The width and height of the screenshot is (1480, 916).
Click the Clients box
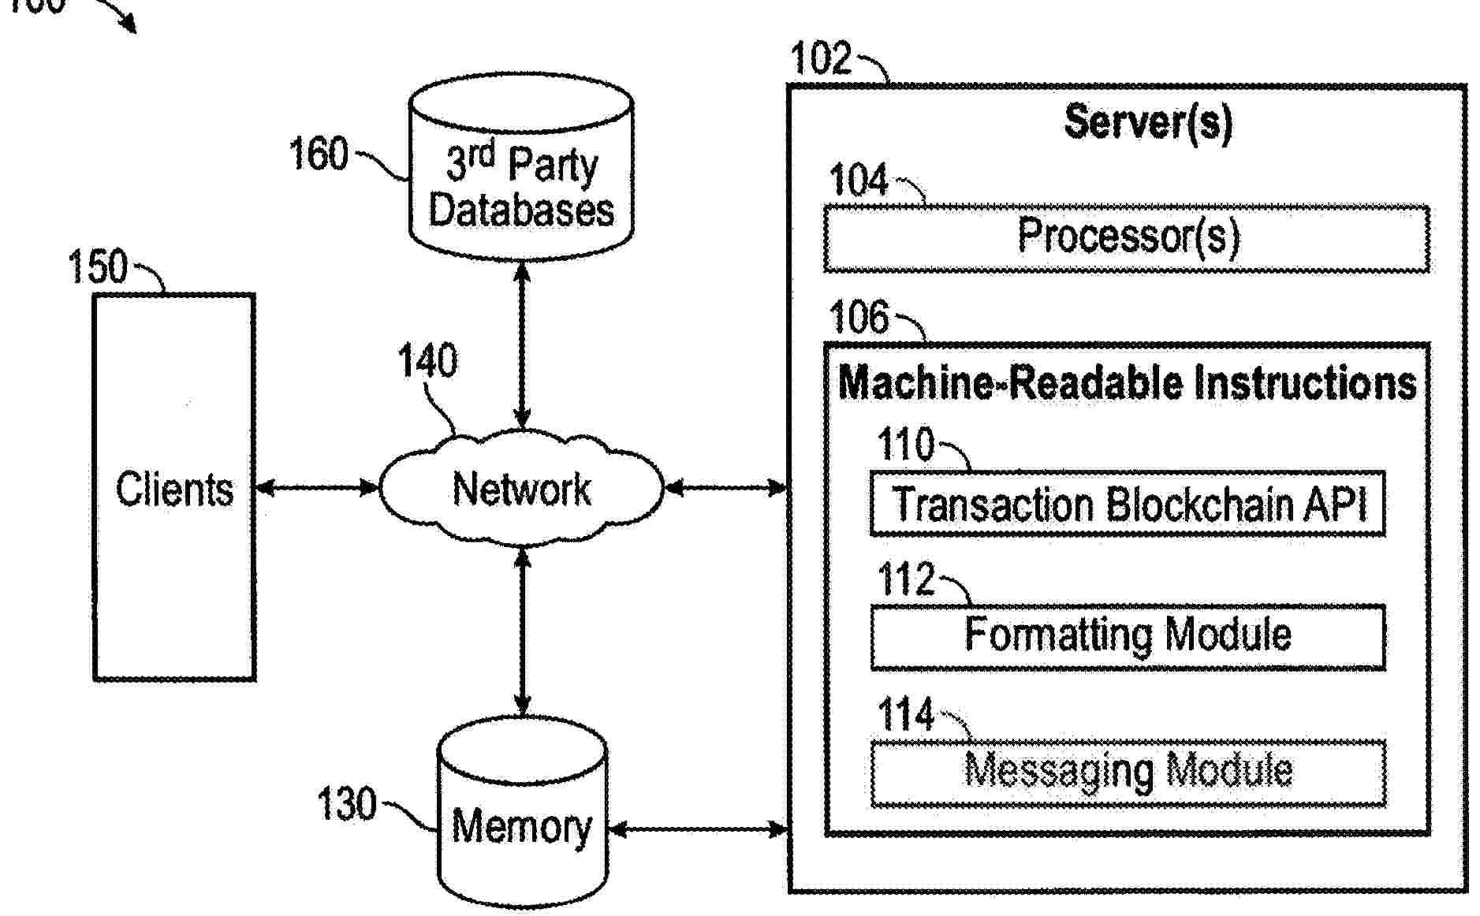tap(174, 487)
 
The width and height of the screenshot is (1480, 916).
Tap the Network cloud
tap(521, 488)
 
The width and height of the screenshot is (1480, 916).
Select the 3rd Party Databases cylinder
tap(521, 169)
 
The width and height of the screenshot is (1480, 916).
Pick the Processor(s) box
tap(1127, 238)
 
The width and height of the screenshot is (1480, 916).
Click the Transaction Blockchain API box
tap(1128, 505)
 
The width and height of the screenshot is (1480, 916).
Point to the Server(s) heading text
tap(1147, 122)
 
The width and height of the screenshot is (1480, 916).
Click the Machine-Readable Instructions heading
tap(1127, 383)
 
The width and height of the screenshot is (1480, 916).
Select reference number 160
tap(318, 154)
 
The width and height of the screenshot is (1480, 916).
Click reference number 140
tap(427, 361)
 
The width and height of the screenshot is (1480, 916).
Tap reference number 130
tap(346, 804)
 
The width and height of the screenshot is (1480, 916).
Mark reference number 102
tap(821, 58)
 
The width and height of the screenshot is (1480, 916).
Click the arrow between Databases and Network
tap(521, 344)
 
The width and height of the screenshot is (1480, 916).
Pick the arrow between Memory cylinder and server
tap(698, 828)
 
